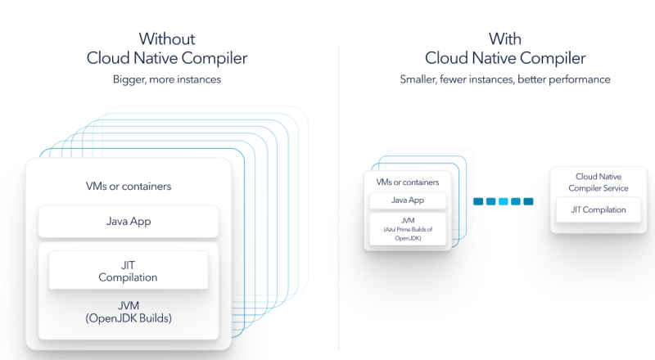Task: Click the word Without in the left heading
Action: [x=167, y=38]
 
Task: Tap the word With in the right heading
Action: [x=505, y=38]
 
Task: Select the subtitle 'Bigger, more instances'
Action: [x=167, y=79]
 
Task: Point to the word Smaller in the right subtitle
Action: [x=421, y=79]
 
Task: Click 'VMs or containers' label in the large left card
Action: [x=129, y=187]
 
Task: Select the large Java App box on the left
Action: [x=129, y=221]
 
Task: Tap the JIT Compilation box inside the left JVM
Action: [x=129, y=270]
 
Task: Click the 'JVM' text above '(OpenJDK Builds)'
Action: [x=129, y=305]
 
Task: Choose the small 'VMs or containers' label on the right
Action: [x=407, y=182]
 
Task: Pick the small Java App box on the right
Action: [x=407, y=200]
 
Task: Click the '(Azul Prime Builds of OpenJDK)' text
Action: [x=407, y=234]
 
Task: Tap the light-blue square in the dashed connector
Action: [x=503, y=200]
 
